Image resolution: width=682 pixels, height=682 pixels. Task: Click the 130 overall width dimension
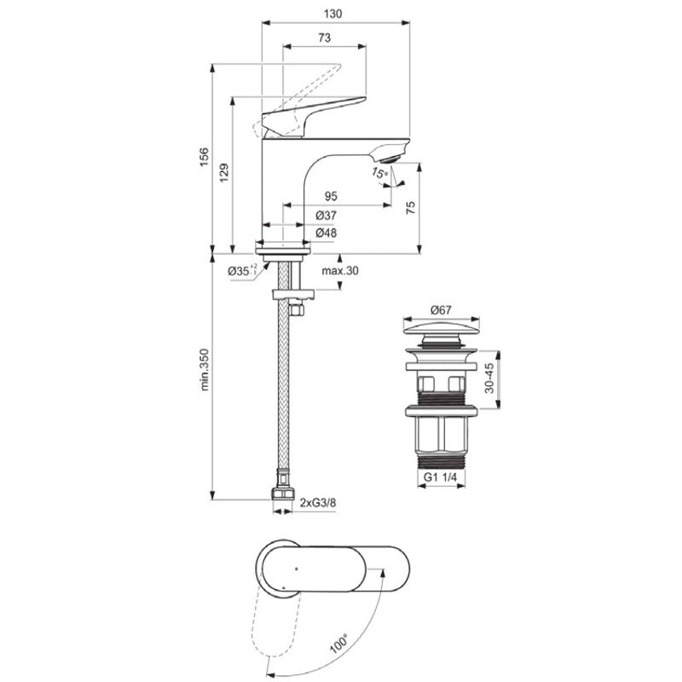tap(332, 14)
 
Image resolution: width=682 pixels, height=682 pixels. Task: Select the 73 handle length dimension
tap(325, 38)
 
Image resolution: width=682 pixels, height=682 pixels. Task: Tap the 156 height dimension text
tap(204, 158)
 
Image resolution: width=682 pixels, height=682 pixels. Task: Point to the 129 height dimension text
tap(223, 173)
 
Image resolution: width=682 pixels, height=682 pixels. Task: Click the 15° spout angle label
tap(379, 173)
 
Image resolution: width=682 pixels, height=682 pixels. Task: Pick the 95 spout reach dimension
tap(331, 196)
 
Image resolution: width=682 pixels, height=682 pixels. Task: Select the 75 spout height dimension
tap(411, 207)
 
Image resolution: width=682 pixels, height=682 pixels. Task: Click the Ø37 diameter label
tap(327, 215)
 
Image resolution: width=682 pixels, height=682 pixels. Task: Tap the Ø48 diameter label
tap(327, 233)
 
